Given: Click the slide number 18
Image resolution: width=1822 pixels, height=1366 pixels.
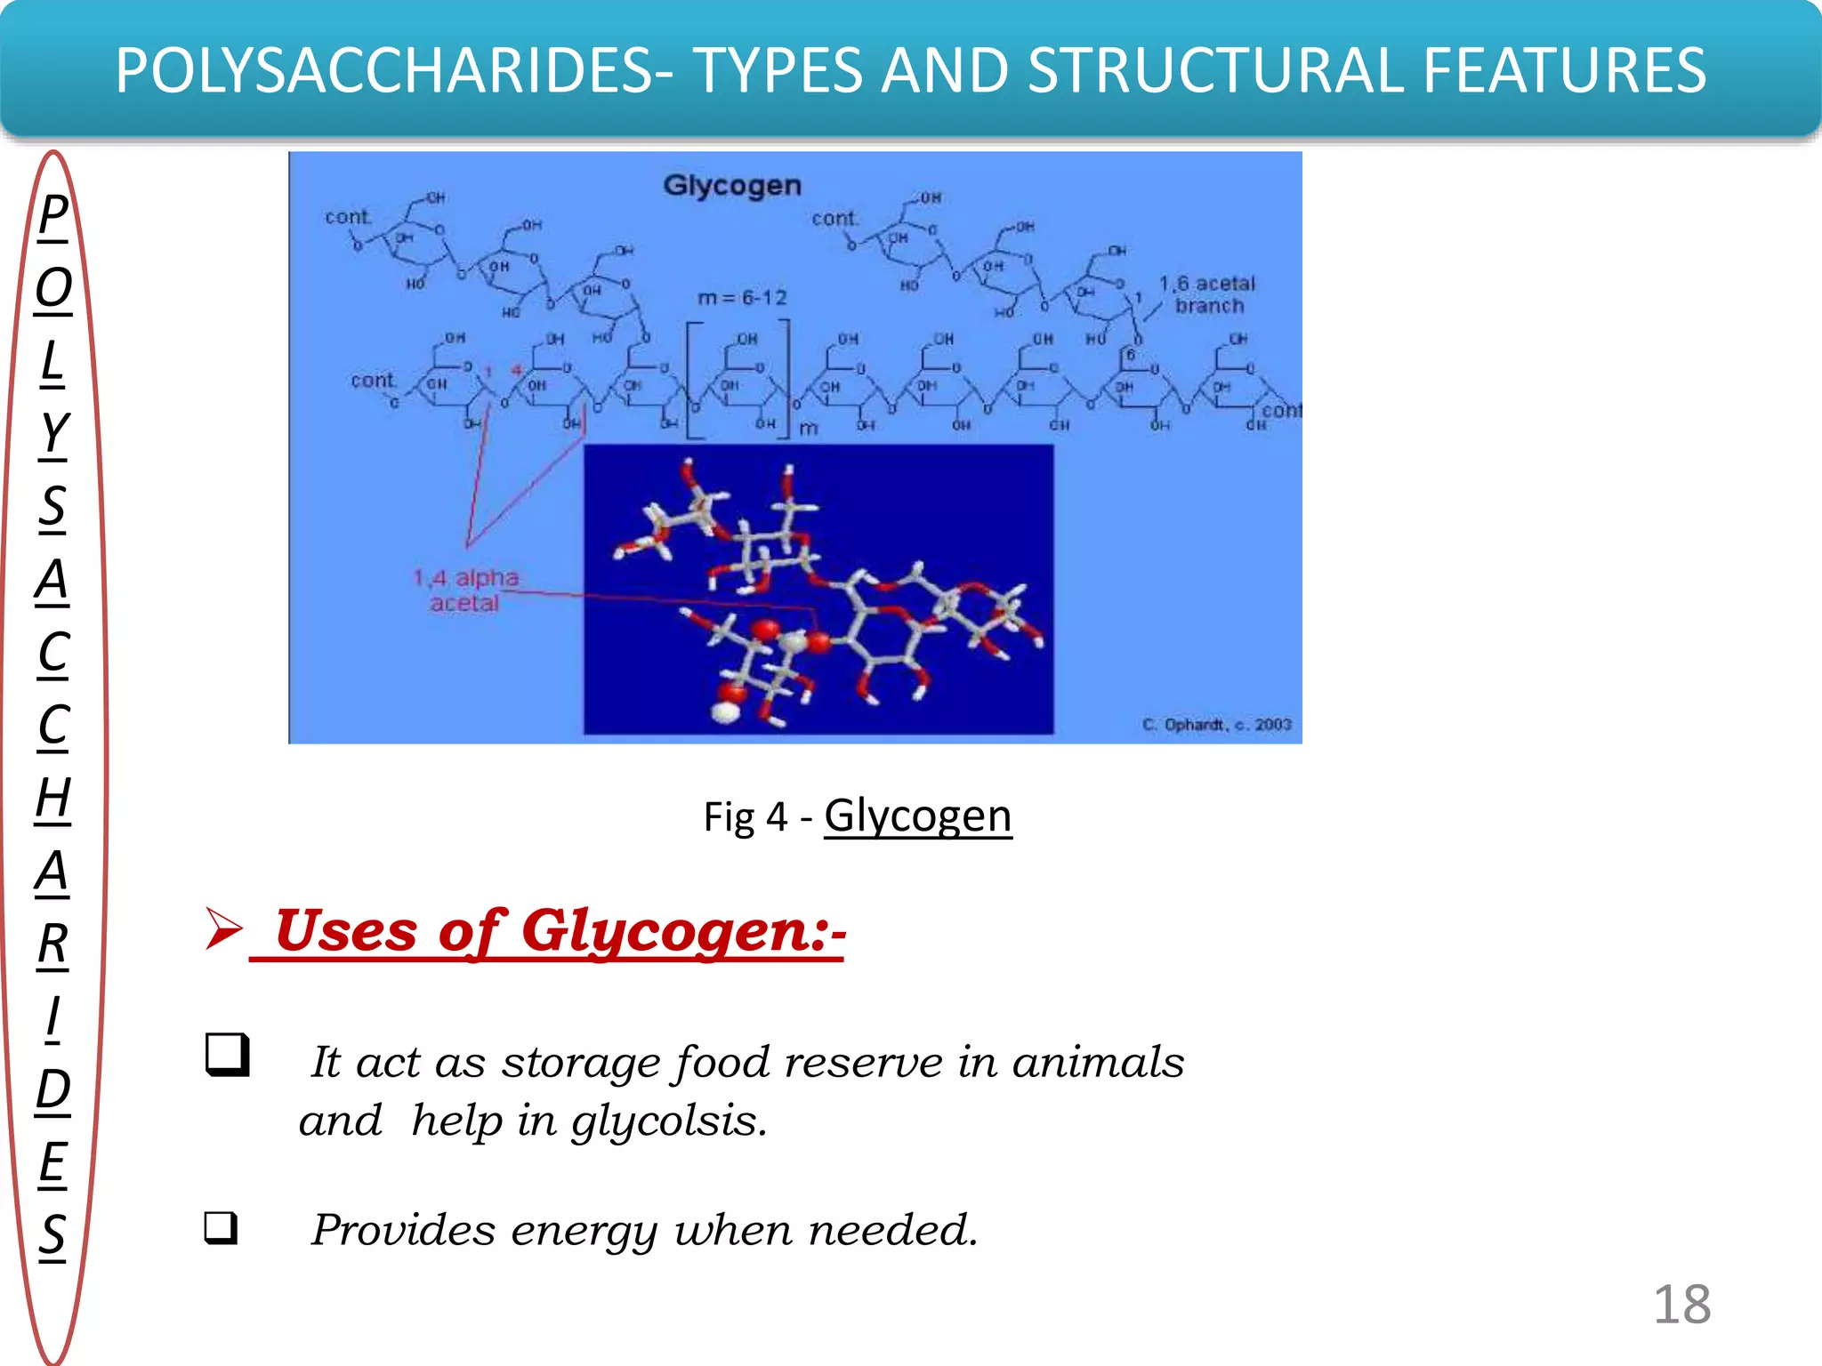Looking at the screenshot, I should (1681, 1305).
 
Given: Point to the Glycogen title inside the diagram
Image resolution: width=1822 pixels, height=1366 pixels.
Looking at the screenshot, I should (732, 185).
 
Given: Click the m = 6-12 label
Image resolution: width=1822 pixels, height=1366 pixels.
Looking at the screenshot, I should (742, 298).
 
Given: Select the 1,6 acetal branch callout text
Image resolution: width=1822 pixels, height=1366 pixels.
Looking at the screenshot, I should (1207, 294).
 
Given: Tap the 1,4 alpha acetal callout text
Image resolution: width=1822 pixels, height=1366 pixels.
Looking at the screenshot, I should (465, 591).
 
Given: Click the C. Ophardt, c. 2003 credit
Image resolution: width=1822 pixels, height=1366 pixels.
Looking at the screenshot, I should (1216, 725).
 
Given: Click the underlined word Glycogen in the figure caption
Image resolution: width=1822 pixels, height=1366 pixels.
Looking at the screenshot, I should (917, 816).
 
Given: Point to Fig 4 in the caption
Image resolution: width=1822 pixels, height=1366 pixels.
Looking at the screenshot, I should (746, 817).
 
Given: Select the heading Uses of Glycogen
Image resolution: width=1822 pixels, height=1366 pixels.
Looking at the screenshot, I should (558, 931).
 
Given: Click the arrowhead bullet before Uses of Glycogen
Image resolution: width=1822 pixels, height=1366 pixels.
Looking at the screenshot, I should (222, 928).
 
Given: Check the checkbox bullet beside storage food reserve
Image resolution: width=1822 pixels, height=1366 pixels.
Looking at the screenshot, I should (227, 1055).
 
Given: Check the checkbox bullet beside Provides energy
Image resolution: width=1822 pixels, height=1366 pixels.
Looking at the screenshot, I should (221, 1227).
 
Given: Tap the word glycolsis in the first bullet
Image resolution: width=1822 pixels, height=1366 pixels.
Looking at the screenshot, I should (669, 1121).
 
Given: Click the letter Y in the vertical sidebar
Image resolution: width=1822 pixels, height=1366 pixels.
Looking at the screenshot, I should (53, 433).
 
